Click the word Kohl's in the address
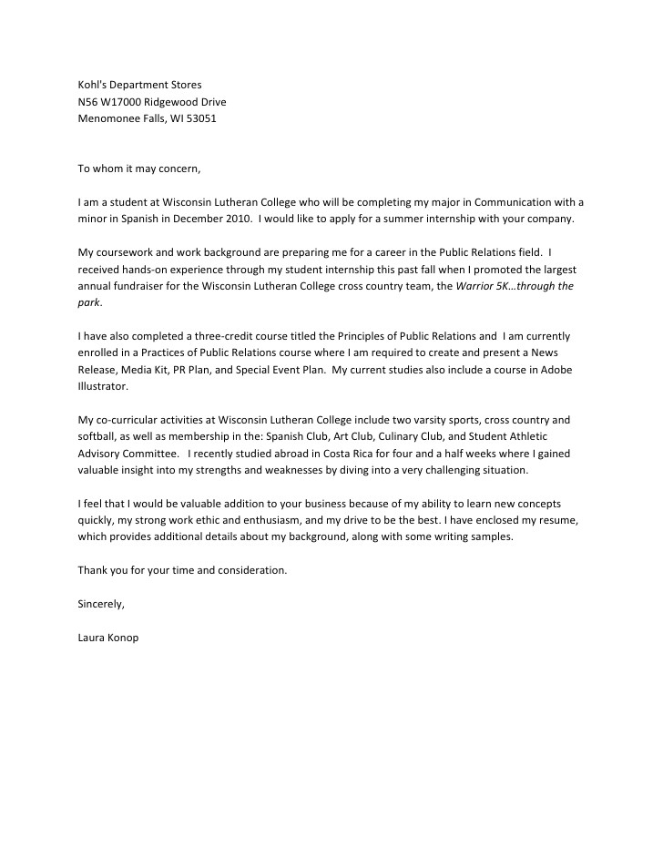point(92,85)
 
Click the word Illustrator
point(103,387)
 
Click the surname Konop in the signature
point(123,638)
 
